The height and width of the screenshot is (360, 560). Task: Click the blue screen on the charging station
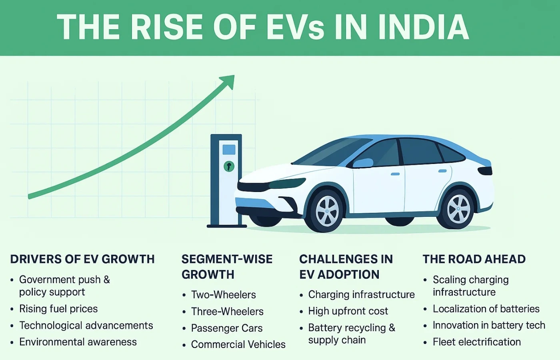229,150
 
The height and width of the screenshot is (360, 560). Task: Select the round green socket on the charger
229,166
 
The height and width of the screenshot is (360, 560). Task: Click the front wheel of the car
327,211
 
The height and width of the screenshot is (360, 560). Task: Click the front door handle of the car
395,174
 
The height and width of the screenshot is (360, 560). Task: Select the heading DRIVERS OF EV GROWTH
82,259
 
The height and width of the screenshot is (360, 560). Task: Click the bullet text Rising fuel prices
58,309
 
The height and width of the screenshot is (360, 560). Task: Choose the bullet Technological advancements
86,326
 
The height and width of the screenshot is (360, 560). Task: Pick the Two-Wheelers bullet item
223,295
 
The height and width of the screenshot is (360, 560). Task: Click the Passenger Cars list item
227,328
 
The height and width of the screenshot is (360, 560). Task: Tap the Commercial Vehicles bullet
238,344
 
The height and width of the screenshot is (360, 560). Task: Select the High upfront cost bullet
348,311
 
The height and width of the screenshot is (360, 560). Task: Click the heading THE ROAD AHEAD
474,259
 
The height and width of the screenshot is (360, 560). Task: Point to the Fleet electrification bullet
477,342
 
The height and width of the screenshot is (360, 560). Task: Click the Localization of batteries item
486,309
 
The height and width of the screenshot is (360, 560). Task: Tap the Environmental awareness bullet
78,342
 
